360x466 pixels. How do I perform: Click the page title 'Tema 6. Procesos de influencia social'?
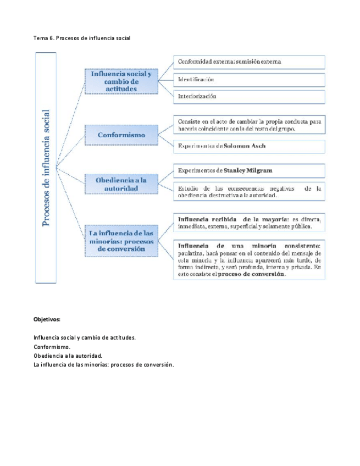coord(82,38)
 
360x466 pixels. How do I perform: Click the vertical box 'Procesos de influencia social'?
coord(49,167)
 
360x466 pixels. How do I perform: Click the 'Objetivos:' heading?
coord(47,319)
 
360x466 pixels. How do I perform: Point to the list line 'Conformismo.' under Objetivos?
coord(52,347)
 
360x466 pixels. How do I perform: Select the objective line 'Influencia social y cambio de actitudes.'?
coord(85,337)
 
